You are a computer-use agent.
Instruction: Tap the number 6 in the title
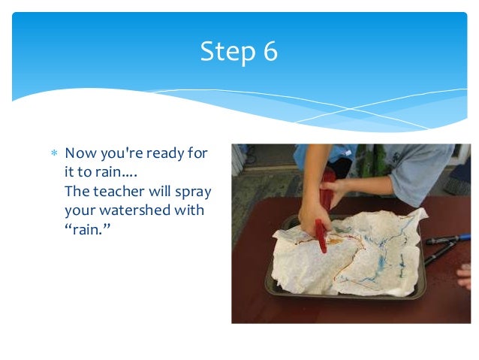coord(269,52)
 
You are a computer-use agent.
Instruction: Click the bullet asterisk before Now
coord(53,153)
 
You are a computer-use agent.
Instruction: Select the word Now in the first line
coord(79,153)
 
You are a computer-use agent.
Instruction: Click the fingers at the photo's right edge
coord(465,275)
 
